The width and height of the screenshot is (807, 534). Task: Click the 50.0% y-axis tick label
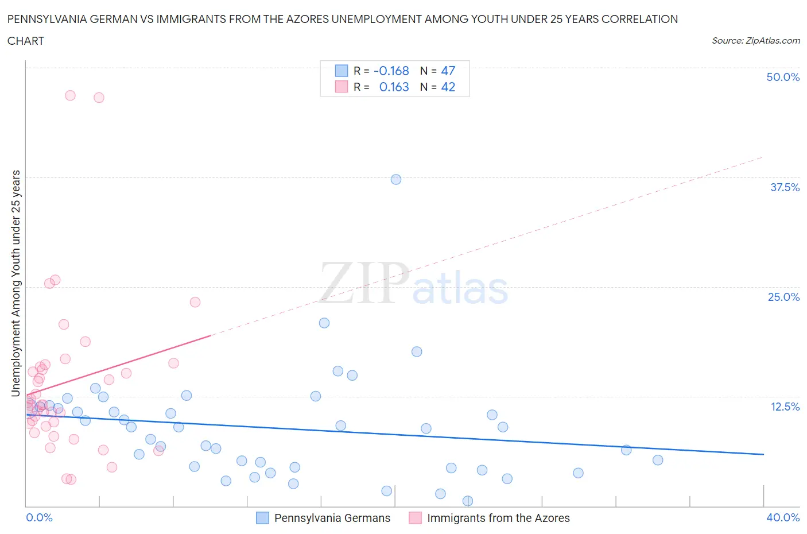point(783,77)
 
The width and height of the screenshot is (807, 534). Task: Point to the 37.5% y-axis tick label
point(785,187)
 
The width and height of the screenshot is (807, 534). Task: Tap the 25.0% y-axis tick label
point(783,297)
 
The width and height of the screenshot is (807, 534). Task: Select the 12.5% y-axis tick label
point(785,407)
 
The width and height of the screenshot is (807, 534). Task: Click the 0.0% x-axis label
point(39,517)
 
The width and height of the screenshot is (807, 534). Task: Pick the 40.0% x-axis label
point(783,517)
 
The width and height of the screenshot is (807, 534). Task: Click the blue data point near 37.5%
point(396,179)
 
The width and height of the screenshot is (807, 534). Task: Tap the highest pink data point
point(70,95)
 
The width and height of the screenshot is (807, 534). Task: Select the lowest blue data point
point(468,501)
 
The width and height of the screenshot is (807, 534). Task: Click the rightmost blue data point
point(658,460)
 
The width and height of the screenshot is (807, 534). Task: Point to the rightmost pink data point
point(195,302)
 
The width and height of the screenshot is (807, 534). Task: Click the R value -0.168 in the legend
point(391,71)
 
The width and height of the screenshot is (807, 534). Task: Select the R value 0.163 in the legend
point(394,87)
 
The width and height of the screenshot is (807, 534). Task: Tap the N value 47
point(448,71)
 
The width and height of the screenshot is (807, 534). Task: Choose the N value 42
point(448,87)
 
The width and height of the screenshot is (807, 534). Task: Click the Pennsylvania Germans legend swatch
point(262,518)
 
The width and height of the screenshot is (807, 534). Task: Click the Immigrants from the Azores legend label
point(498,518)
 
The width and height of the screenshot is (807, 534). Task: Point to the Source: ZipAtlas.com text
point(755,40)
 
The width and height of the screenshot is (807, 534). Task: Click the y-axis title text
point(16,284)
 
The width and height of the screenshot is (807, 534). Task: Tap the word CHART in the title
point(26,41)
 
